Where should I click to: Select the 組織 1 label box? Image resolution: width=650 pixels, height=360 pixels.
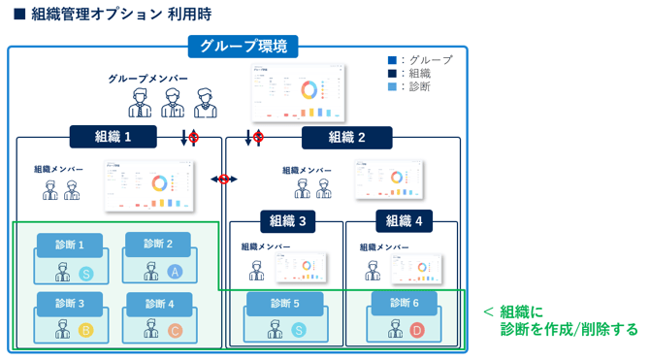tap(113, 137)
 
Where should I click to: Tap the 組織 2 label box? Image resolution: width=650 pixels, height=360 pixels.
tap(346, 137)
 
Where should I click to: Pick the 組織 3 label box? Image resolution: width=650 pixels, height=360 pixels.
tap(288, 221)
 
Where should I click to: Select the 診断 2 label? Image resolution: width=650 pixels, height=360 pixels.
tap(158, 244)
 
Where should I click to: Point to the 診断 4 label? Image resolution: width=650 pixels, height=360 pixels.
tap(158, 304)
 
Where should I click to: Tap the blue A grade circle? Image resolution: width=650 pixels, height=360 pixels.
tap(175, 272)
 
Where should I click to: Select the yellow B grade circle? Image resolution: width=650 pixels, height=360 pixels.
tap(85, 331)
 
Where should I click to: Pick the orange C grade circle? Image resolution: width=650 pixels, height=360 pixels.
tap(175, 331)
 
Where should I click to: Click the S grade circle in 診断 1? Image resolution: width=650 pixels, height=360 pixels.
tap(85, 273)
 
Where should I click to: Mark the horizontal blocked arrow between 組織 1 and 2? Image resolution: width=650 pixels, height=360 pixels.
tap(224, 180)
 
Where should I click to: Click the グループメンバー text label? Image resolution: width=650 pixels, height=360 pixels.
tap(148, 78)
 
